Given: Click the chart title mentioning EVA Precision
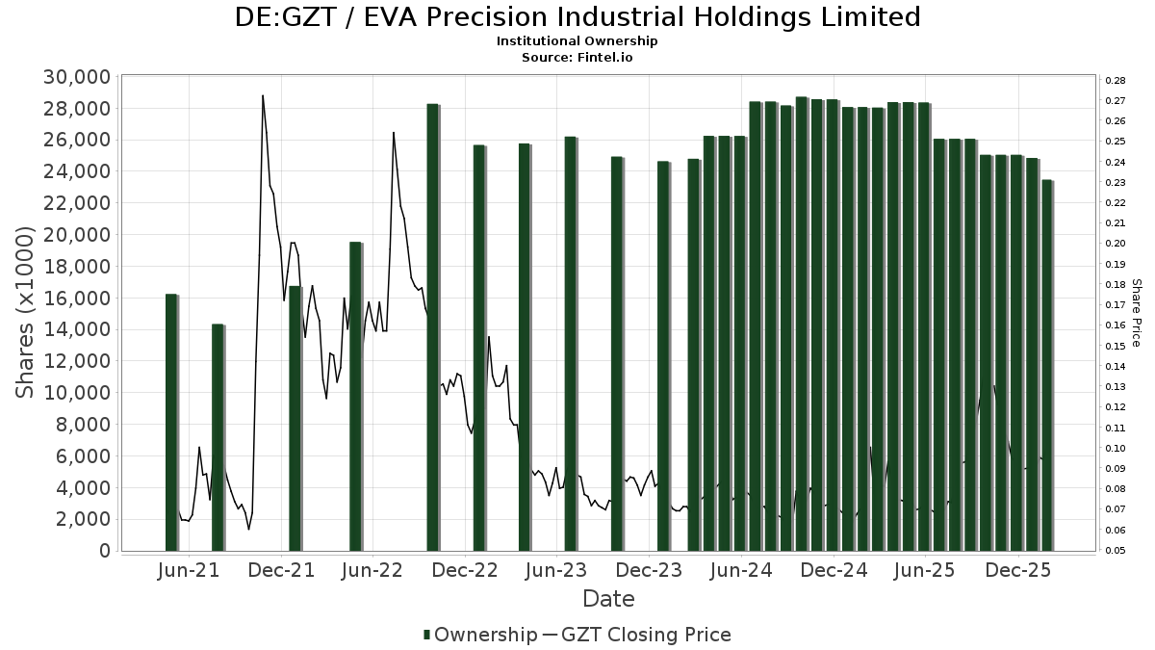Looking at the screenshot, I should pos(577,17).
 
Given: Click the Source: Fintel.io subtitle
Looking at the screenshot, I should pos(577,57).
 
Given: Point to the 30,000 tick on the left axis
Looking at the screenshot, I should pos(76,77).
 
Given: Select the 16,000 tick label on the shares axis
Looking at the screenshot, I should pos(76,298).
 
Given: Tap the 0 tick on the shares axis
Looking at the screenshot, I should pos(104,551).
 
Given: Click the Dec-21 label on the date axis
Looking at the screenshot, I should pos(283,570).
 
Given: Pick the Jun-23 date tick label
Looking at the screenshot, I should pos(555,570).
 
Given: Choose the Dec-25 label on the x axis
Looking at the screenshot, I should pos(1017,570).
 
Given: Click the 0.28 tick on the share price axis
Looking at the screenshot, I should pos(1116,80).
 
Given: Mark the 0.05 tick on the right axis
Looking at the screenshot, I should pos(1116,551).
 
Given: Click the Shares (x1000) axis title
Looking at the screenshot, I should pos(26,313).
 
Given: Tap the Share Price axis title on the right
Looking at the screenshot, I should pos(1137,313).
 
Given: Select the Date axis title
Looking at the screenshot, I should pos(608,599).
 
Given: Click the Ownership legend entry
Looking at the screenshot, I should pos(479,635).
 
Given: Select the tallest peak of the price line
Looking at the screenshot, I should pos(263,95).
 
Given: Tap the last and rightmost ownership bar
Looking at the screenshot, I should pos(1047,366).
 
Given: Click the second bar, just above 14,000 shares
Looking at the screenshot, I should pos(218,438).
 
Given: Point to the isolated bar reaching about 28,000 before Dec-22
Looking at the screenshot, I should pos(433,327).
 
